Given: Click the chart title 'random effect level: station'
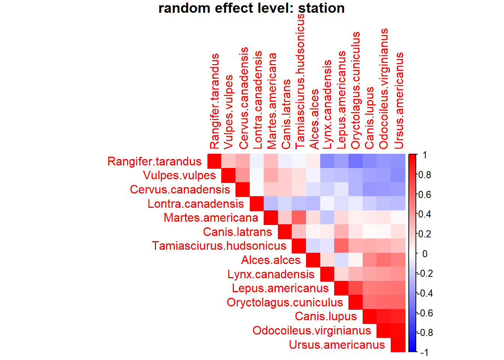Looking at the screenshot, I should click(251, 8).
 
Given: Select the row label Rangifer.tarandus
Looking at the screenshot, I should click(154, 161).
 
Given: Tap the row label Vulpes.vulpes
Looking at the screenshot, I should click(180, 175).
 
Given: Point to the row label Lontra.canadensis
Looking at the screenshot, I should click(196, 204).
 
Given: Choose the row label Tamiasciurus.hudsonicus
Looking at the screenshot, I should click(219, 246).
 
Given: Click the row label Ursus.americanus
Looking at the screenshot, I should click(337, 345).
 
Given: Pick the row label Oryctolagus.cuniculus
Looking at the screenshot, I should click(285, 302).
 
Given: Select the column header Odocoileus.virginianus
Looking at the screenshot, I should click(384, 89).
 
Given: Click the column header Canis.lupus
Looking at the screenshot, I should click(370, 118).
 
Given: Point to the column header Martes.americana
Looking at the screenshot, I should click(271, 101).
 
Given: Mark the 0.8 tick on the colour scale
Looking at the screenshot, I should click(425, 175).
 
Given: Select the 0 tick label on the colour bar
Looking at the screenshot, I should click(424, 254).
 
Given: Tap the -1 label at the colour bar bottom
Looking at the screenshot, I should click(424, 352).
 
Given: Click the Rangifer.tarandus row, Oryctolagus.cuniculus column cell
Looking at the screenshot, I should click(356, 161).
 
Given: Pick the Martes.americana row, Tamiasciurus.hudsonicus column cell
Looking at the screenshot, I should click(299, 217).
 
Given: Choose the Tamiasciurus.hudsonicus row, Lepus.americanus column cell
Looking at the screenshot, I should click(342, 246).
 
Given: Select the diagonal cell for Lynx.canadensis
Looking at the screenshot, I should click(327, 274).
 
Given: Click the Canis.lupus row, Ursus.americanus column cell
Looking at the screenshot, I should click(398, 316).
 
